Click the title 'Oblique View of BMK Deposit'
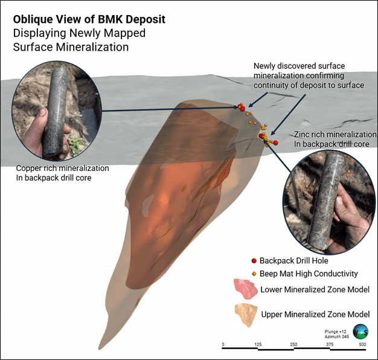pyautogui.click(x=89, y=19)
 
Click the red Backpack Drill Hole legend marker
pyautogui.click(x=254, y=261)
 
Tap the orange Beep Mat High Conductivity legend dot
pyautogui.click(x=254, y=274)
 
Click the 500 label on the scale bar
pyautogui.click(x=362, y=344)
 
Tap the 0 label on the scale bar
pyautogui.click(x=223, y=344)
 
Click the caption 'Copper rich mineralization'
pyautogui.click(x=63, y=168)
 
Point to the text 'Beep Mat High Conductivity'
pyautogui.click(x=309, y=274)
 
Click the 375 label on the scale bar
pyautogui.click(x=327, y=344)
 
